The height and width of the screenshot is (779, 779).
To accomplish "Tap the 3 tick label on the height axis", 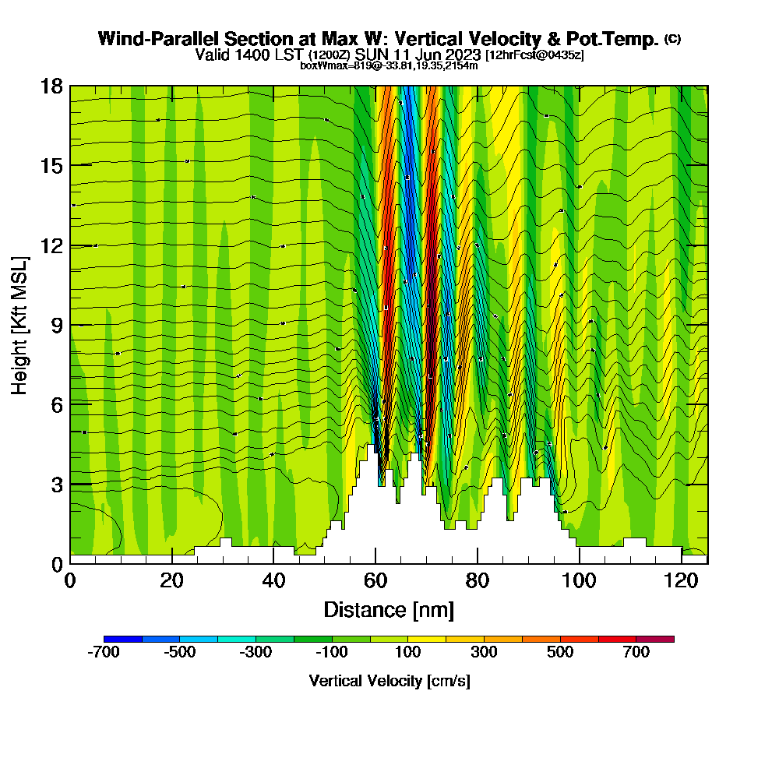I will click(x=57, y=484).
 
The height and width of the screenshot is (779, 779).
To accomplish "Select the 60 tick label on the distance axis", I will click(x=375, y=581).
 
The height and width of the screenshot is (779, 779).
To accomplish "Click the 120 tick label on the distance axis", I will click(x=682, y=581).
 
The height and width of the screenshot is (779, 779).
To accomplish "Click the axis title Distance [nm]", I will click(x=389, y=609).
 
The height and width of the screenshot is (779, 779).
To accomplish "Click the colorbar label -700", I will click(x=104, y=653).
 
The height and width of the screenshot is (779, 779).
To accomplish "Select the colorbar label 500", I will click(x=560, y=653).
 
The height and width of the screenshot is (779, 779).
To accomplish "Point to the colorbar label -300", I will click(x=256, y=653).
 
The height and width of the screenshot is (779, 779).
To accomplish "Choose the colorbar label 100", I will click(x=407, y=653).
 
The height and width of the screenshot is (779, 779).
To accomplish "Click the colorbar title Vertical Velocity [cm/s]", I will click(x=389, y=681).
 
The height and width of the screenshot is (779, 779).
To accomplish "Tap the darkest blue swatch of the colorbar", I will click(x=123, y=639).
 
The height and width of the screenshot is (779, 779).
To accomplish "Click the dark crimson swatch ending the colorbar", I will click(x=655, y=639).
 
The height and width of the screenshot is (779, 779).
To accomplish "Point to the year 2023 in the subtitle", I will click(x=464, y=55).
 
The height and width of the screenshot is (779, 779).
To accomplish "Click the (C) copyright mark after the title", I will click(x=672, y=38).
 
